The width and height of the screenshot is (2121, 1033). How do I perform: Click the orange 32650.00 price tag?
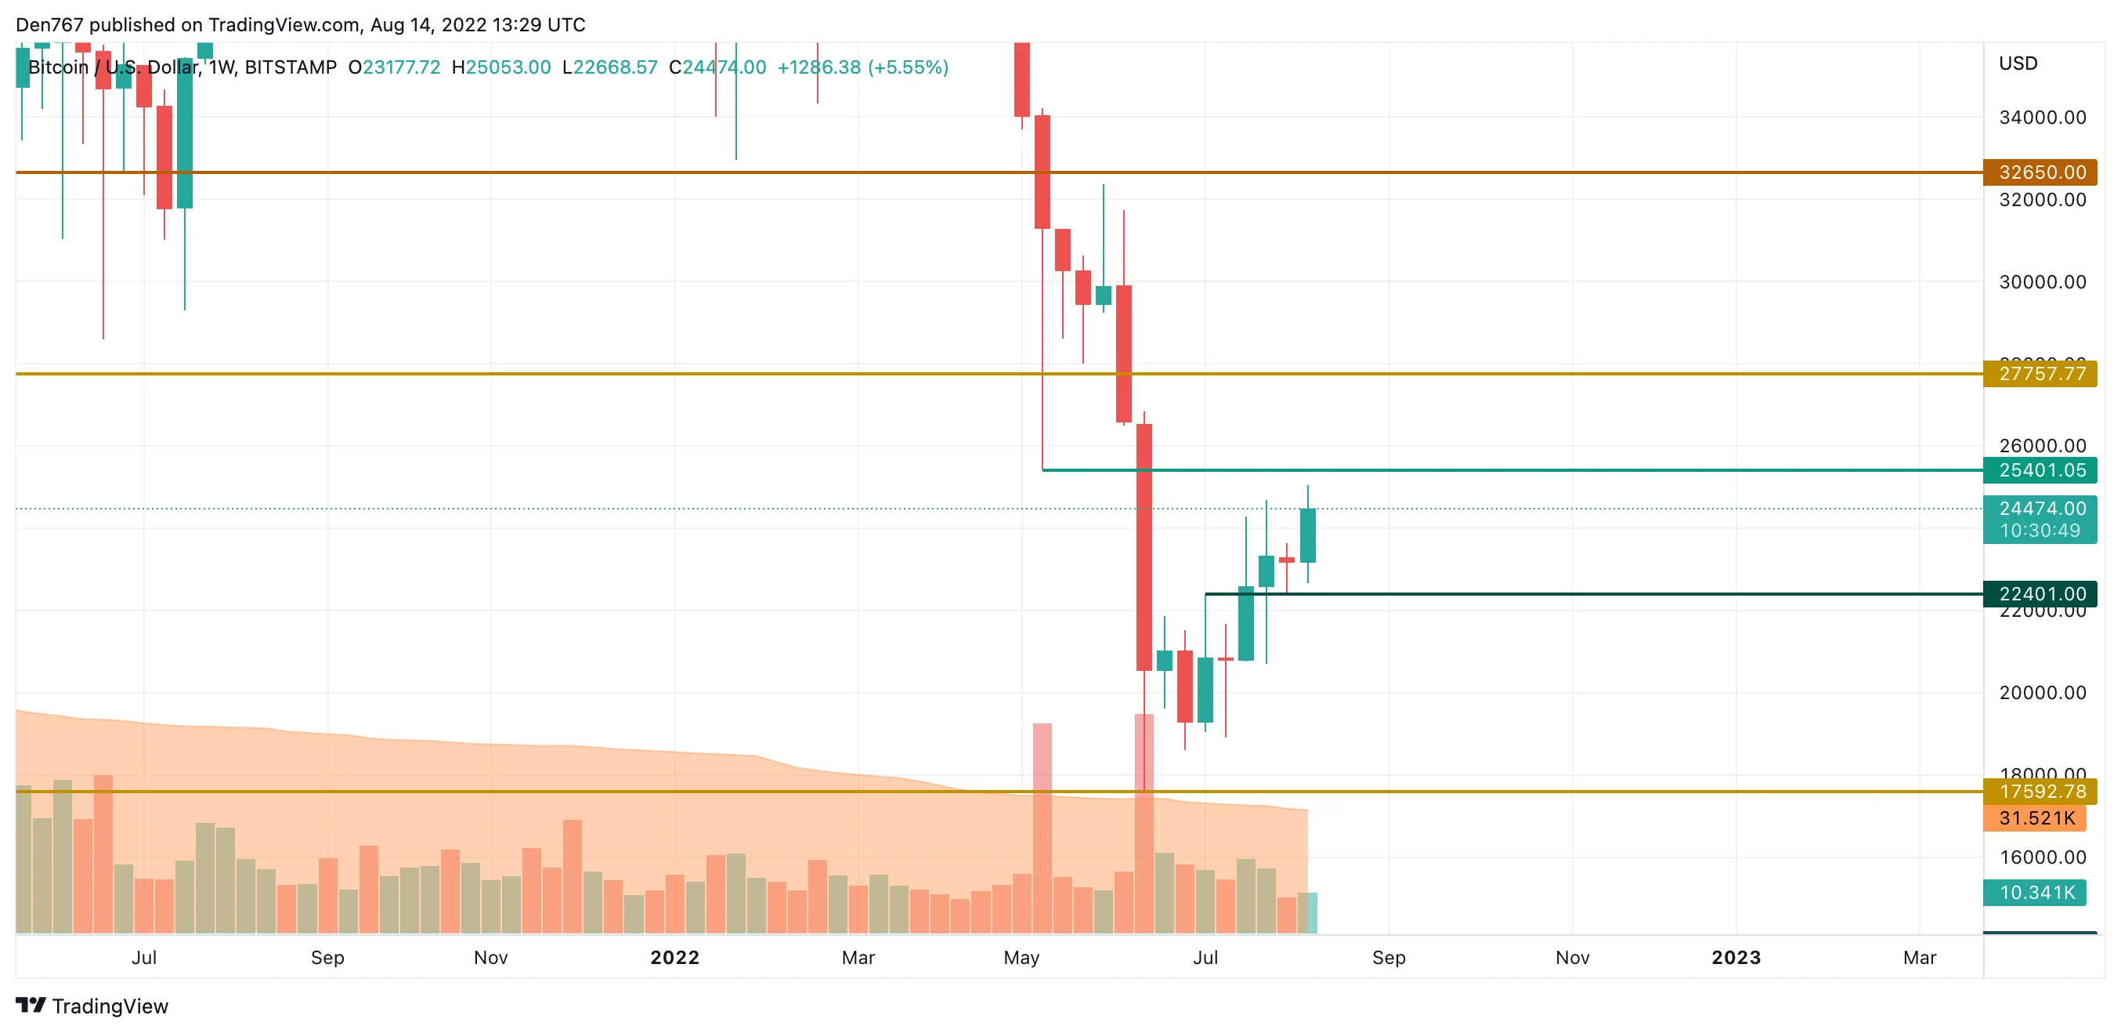2040,172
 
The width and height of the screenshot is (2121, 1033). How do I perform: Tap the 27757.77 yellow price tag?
2040,374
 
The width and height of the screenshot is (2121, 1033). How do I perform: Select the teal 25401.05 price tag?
2040,470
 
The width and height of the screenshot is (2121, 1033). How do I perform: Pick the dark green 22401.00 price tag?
2040,594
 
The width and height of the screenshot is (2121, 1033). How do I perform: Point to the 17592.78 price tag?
2040,792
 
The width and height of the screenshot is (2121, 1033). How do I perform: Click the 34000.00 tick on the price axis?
2042,118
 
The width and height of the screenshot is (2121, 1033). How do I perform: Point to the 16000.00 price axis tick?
2042,857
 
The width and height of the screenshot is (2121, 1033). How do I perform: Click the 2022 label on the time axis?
674,957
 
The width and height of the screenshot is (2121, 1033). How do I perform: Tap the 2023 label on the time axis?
1736,957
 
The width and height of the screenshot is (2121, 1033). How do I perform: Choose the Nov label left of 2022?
491,957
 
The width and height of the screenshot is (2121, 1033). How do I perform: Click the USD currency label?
2018,63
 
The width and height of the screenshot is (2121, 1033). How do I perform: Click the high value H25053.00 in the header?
501,67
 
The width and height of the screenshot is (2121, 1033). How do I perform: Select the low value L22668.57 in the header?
610,67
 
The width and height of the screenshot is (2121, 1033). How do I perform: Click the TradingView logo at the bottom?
92,1006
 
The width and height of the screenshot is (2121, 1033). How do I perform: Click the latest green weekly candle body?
1307,535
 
